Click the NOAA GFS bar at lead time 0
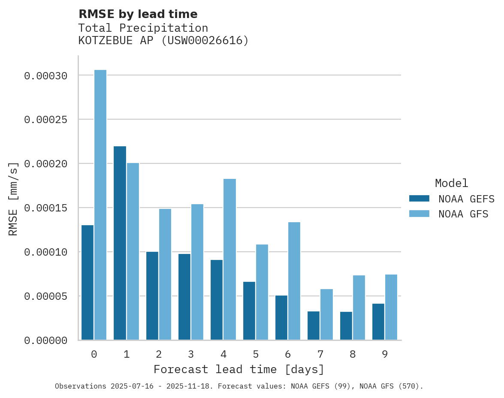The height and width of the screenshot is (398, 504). click(100, 205)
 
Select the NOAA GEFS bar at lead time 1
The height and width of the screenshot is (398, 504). click(120, 243)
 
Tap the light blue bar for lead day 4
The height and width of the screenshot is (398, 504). click(229, 259)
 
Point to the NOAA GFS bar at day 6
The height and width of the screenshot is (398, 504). click(294, 281)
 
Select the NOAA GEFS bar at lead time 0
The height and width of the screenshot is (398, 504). click(88, 283)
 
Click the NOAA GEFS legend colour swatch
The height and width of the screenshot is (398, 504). click(419, 198)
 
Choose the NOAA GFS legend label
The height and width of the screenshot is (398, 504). click(463, 214)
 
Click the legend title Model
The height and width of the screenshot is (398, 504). click(451, 183)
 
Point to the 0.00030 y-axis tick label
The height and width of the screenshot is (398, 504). click(45, 76)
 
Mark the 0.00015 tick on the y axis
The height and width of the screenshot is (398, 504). click(45, 208)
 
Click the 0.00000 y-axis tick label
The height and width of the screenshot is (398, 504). click(45, 341)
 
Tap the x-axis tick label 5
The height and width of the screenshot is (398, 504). click(256, 354)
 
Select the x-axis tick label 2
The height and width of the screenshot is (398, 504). click(159, 354)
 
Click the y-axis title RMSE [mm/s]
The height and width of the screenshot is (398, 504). click(13, 199)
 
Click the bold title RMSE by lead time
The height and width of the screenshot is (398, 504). click(138, 14)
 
